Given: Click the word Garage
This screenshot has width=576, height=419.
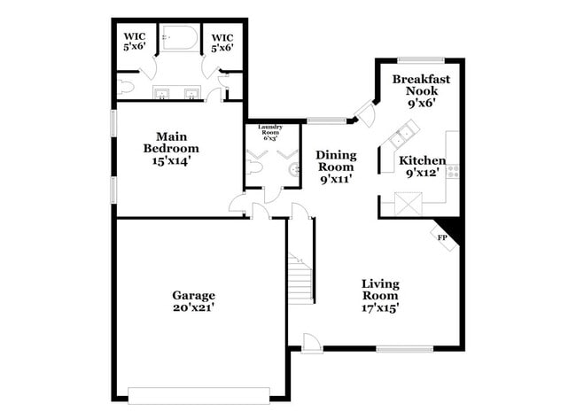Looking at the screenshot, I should coord(193,295).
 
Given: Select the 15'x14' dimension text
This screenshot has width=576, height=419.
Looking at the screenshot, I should coord(172,161).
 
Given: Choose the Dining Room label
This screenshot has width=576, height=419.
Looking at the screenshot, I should coord(335,160).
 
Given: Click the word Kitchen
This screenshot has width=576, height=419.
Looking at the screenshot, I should coord(422,160).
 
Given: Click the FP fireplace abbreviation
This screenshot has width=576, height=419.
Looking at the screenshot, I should coord(441,237).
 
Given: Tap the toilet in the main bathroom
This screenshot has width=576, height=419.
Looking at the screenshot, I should coord(125,87).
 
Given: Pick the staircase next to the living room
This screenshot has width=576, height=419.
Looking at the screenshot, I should coord(301,276).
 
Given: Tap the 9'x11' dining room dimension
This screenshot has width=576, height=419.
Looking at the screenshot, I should coord(335,178).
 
